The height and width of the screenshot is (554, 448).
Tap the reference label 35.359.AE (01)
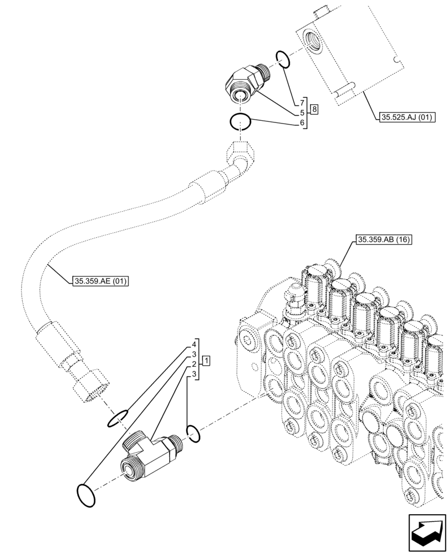pos(100,281)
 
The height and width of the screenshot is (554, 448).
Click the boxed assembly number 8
pos(314,109)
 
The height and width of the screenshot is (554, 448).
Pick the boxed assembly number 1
pos(206,361)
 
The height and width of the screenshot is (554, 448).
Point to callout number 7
pos(303,103)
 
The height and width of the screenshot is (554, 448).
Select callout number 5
pos(303,113)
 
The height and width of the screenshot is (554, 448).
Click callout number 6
pos(303,122)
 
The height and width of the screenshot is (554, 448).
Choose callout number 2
pos(195,364)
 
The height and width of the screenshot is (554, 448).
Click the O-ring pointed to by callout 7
pos(282,58)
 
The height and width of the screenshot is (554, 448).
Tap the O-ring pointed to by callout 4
pos(118,419)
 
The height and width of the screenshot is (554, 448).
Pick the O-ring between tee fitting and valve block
pos(193,433)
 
